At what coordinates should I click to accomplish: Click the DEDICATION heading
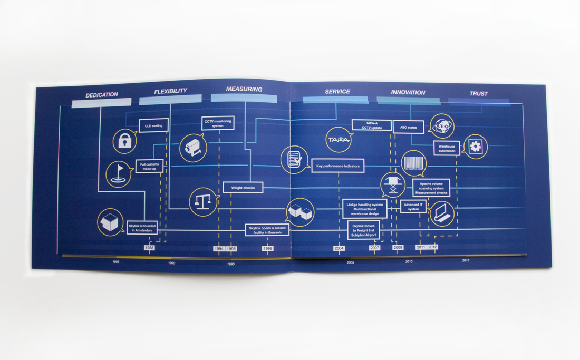[102, 95]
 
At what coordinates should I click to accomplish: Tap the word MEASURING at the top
[244, 89]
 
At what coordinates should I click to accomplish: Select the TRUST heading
[479, 94]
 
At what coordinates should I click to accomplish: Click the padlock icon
[125, 141]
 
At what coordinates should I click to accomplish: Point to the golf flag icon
[119, 173]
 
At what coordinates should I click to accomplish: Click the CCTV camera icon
[192, 148]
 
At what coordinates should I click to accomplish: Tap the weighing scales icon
[203, 201]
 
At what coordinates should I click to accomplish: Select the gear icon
[476, 147]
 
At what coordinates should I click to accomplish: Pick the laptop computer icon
[441, 213]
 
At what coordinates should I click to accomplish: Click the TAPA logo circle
[339, 140]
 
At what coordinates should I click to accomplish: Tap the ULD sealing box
[153, 126]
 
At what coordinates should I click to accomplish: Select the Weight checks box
[243, 188]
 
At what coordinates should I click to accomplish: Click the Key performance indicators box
[337, 166]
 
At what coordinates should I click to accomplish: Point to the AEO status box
[409, 128]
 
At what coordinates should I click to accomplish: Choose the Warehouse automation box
[447, 148]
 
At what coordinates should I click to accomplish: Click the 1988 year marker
[150, 248]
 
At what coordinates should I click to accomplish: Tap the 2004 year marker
[339, 248]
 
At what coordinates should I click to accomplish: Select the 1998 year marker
[268, 248]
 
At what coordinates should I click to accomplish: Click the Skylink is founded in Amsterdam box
[142, 228]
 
